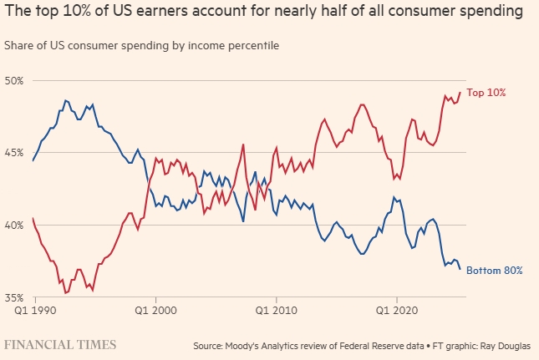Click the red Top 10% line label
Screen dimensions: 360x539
(486, 92)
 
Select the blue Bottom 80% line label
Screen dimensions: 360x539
(494, 271)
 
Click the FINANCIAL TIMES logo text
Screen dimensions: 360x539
(60, 344)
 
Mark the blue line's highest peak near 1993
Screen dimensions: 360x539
(64, 100)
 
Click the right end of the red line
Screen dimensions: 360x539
(460, 92)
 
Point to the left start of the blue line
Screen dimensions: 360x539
(33, 160)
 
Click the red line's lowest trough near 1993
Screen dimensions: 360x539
(64, 293)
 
